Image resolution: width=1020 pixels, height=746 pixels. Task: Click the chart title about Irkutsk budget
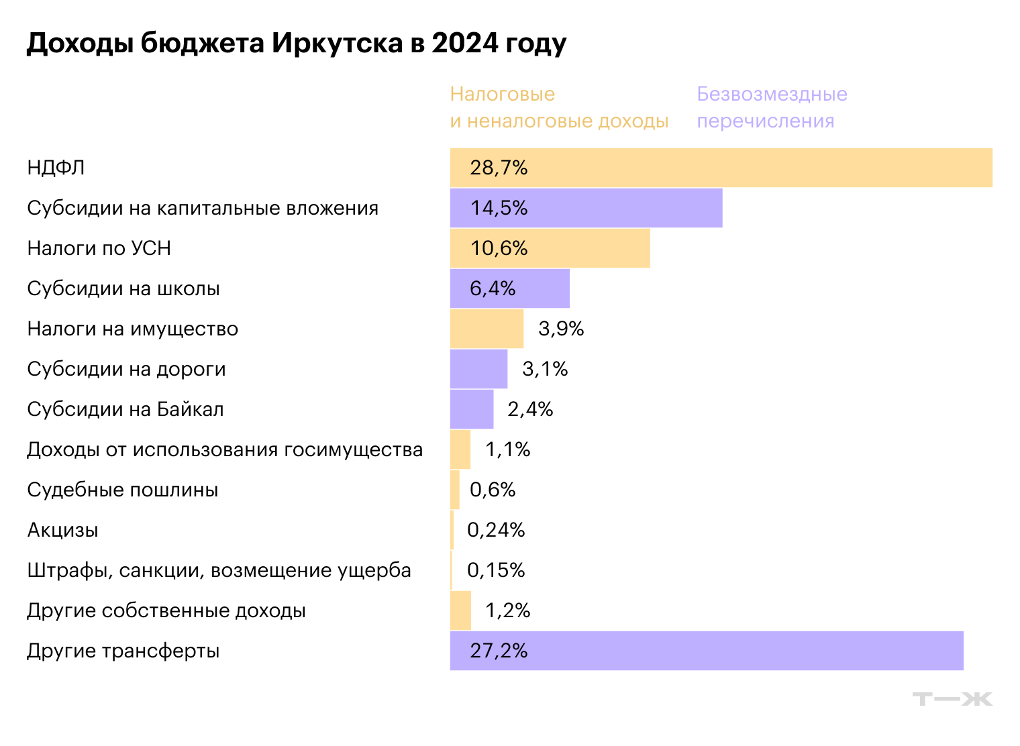(x=296, y=44)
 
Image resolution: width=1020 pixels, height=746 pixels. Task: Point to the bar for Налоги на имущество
(x=487, y=329)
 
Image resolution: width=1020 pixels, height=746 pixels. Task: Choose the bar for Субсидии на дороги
(x=478, y=369)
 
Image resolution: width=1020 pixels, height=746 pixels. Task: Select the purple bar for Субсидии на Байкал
(x=472, y=409)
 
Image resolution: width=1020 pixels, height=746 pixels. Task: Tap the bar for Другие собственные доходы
(x=460, y=610)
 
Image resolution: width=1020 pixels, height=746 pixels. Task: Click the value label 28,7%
(x=499, y=168)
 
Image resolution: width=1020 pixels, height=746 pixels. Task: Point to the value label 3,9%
(x=561, y=329)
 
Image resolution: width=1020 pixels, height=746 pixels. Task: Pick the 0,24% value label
(x=496, y=530)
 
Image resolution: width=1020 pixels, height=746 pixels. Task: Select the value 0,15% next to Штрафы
(x=496, y=570)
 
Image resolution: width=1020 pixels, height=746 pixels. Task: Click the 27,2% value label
(x=499, y=651)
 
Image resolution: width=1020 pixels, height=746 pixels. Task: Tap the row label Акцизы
(x=62, y=530)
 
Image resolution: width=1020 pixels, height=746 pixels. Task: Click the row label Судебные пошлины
(x=122, y=490)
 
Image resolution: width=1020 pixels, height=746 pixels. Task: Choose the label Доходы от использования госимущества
(x=225, y=449)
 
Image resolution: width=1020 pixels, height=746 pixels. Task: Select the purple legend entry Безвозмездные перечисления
(x=772, y=107)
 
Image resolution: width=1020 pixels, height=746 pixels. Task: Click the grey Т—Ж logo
(x=952, y=699)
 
